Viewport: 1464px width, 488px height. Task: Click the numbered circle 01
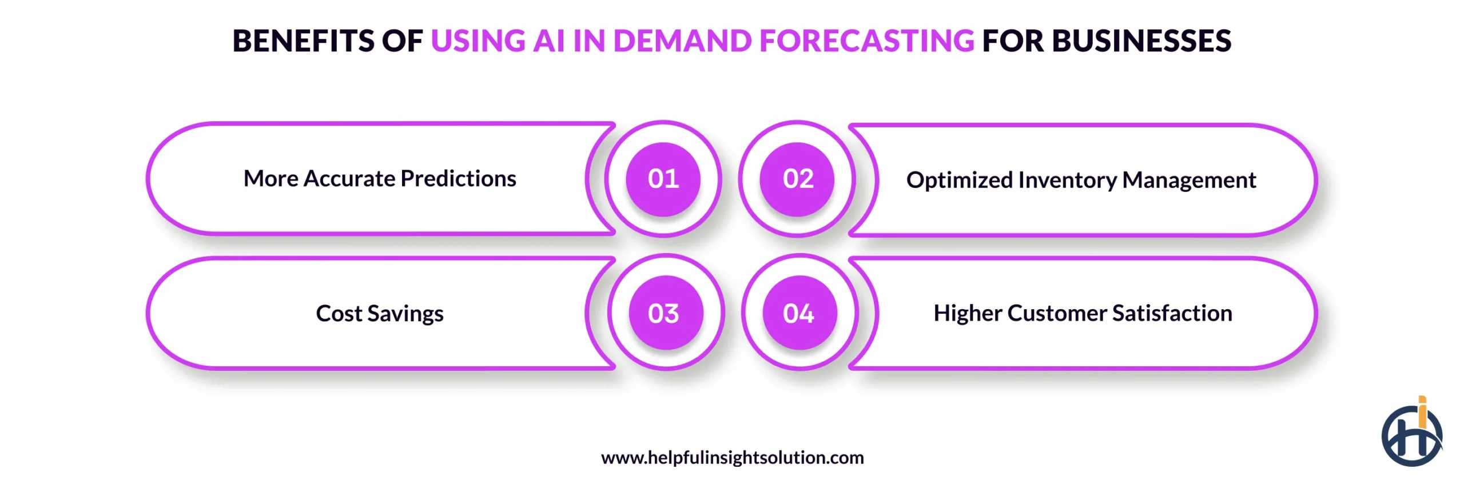(663, 179)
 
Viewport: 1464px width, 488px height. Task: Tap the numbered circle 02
(797, 179)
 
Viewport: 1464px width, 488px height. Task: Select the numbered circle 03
(665, 313)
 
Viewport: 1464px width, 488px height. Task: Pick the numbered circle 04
(799, 313)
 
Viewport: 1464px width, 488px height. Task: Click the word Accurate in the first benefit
(349, 179)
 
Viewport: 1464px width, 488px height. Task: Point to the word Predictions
(458, 179)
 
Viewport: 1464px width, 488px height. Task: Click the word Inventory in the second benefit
(1067, 181)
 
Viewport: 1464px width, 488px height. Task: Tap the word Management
(1189, 181)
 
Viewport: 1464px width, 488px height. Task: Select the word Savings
(405, 314)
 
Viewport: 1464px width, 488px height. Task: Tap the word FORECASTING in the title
(866, 41)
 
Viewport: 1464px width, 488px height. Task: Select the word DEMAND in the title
(682, 41)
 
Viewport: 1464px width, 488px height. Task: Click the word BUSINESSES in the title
(1141, 41)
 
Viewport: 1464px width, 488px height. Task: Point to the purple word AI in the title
(548, 41)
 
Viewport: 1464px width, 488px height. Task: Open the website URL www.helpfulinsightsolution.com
(732, 458)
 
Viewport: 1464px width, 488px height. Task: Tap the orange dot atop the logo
(1422, 399)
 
